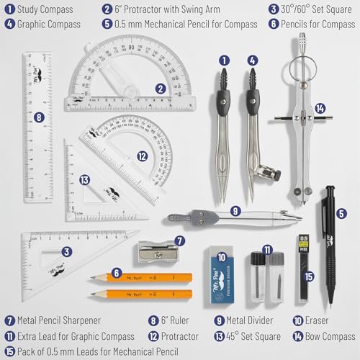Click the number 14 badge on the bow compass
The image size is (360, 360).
[x=320, y=109]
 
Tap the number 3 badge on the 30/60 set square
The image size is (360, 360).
[x=66, y=252]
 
